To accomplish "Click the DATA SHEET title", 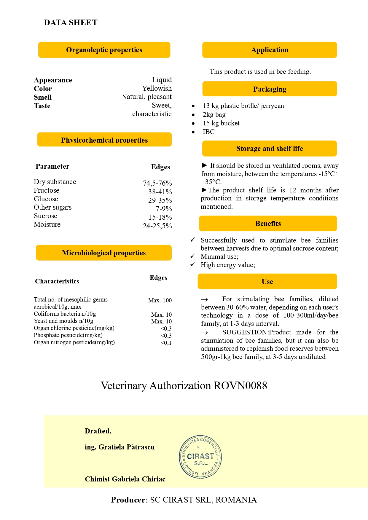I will tap(71, 23).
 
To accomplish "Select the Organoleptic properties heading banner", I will tap(104, 50).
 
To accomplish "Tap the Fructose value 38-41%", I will tap(160, 192).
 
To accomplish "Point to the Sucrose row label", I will tap(45, 216).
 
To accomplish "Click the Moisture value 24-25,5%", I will tap(157, 226).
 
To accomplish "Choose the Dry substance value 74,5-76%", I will tap(157, 183).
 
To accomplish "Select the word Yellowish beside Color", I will tap(157, 88).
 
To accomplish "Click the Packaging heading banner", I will tap(270, 89).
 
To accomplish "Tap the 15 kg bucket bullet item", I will tap(221, 123).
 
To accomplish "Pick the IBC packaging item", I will tap(208, 132).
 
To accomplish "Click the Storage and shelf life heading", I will tap(270, 149).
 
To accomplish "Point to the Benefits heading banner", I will tap(268, 224).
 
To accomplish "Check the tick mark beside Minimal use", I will tap(193, 256).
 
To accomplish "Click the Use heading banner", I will tap(267, 281).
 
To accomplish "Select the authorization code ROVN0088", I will tap(240, 385).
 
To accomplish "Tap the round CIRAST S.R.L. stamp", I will tap(200, 457).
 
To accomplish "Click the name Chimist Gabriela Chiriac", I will tap(125, 479).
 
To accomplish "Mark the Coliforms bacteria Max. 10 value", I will tap(161, 315).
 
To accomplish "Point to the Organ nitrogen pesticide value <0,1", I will tap(166, 343).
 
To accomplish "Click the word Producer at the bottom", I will tap(128, 500).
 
